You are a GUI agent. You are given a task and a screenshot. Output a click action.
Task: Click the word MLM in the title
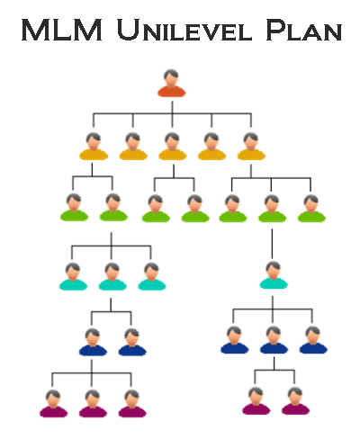point(62,30)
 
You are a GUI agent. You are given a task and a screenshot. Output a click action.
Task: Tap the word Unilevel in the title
point(184,30)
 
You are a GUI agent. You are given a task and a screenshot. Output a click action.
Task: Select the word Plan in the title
point(304,30)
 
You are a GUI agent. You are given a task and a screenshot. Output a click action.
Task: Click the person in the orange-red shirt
point(172,83)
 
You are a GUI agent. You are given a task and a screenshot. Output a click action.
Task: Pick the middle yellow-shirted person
point(173,147)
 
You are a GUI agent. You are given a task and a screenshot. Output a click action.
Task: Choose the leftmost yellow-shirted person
point(94,147)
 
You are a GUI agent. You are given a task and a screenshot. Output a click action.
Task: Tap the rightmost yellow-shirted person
point(251,147)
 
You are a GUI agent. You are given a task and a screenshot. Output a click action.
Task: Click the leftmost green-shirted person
point(74,207)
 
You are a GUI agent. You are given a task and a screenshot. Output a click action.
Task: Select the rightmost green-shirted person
point(311,209)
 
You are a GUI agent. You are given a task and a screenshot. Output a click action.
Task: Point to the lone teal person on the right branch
point(274,275)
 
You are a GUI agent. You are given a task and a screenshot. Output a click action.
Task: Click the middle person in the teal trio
point(112,276)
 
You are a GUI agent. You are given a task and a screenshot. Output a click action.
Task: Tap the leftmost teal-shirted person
point(73,276)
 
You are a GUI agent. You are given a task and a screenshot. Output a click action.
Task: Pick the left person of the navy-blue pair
point(93,342)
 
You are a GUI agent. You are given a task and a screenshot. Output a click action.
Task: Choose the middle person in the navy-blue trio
point(274,340)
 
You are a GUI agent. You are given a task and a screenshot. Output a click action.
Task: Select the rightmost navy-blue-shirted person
point(313,340)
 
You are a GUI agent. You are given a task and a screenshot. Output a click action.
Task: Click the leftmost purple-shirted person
point(54,403)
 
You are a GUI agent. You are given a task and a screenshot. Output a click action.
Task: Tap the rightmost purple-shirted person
point(295,401)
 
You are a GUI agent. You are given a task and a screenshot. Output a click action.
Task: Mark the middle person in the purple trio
point(93,403)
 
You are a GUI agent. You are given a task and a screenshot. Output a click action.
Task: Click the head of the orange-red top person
point(171,77)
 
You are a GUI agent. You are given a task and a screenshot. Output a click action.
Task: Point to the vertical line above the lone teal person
point(272,244)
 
